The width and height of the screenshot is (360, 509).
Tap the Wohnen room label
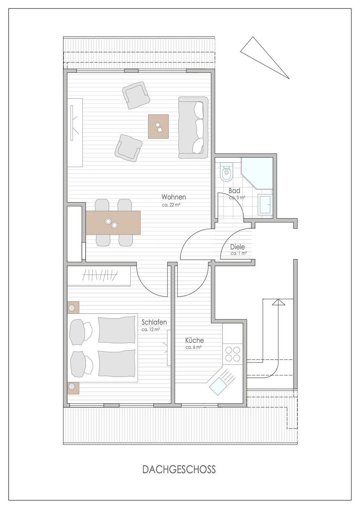[174, 197]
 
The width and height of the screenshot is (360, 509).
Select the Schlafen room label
[154, 322]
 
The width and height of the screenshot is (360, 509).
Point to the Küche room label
[194, 340]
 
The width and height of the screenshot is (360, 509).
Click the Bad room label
[234, 191]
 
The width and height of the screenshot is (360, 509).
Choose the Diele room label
[238, 247]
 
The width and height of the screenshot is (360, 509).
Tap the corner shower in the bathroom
[257, 173]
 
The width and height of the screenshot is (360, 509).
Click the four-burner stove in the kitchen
[232, 354]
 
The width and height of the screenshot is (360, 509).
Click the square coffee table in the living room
[158, 127]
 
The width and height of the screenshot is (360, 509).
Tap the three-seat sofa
[193, 128]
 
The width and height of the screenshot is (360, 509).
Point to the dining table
[113, 222]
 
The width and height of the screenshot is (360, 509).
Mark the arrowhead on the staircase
[278, 302]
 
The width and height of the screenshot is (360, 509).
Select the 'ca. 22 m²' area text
[171, 205]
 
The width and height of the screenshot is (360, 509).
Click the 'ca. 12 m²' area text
[150, 329]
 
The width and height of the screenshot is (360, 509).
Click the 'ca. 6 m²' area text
[194, 347]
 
